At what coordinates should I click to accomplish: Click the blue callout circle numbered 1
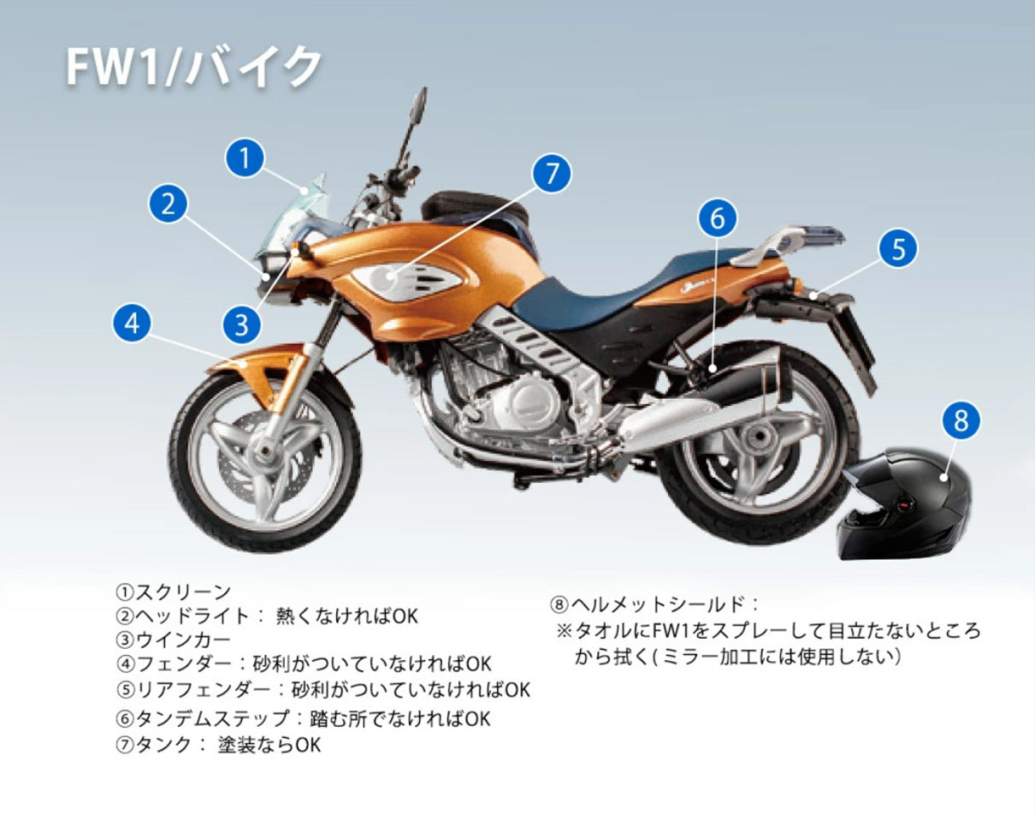pyautogui.click(x=245, y=158)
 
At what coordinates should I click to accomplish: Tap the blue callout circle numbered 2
pyautogui.click(x=169, y=204)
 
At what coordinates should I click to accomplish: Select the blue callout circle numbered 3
pyautogui.click(x=241, y=324)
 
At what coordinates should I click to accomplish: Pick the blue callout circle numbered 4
pyautogui.click(x=132, y=324)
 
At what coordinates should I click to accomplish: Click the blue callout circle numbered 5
pyautogui.click(x=898, y=248)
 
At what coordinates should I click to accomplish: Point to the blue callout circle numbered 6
pyautogui.click(x=717, y=219)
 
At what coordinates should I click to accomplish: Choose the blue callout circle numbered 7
pyautogui.click(x=552, y=174)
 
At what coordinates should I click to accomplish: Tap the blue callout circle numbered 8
pyautogui.click(x=961, y=420)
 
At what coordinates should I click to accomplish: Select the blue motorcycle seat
pyautogui.click(x=599, y=295)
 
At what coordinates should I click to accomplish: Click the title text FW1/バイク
pyautogui.click(x=195, y=67)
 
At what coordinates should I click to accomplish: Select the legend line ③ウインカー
pyautogui.click(x=174, y=640)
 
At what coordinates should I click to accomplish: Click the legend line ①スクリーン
pyautogui.click(x=174, y=592)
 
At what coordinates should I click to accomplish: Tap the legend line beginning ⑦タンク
pyautogui.click(x=218, y=745)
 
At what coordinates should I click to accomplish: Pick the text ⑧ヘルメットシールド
pyautogui.click(x=654, y=604)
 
